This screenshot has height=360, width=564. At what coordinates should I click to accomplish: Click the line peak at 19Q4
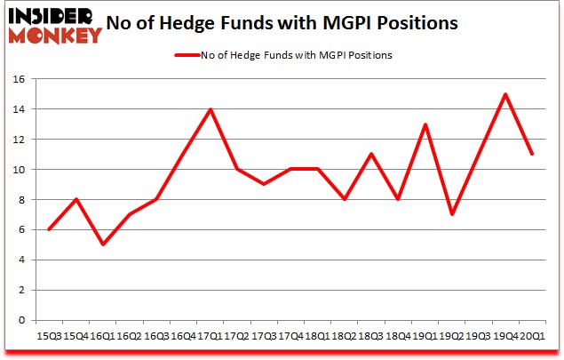pyautogui.click(x=505, y=94)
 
